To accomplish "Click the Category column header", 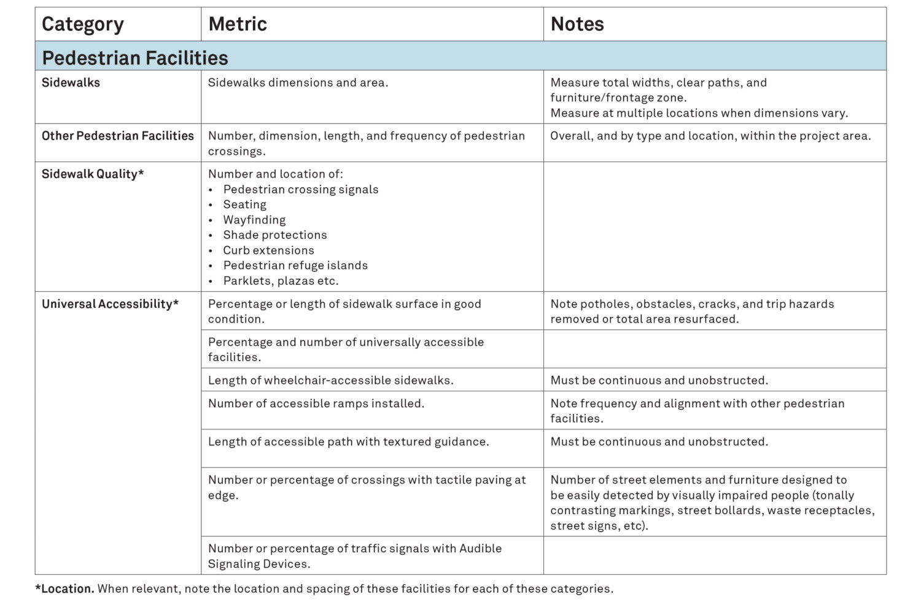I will tap(82, 24).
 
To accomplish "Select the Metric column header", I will tap(238, 24).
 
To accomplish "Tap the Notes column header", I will tap(577, 24).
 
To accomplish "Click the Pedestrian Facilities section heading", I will tap(135, 58).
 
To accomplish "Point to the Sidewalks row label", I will tap(71, 82).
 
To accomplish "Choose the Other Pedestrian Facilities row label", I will tap(117, 136).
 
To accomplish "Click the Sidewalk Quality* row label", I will tap(93, 174).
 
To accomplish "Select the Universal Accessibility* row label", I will tap(110, 304).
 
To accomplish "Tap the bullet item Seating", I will tap(244, 205).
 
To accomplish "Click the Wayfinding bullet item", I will tap(254, 220).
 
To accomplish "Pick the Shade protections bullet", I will tap(274, 235).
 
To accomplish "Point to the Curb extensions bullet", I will tap(268, 250).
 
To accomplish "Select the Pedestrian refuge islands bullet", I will tap(295, 265).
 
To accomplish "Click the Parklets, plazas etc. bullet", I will tap(281, 281).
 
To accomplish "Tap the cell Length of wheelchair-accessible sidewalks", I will tap(330, 380).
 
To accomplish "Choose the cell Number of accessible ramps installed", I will tap(316, 404).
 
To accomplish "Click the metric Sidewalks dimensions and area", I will tap(298, 82).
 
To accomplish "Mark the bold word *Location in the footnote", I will tap(64, 588).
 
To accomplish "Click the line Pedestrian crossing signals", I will tap(300, 189).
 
